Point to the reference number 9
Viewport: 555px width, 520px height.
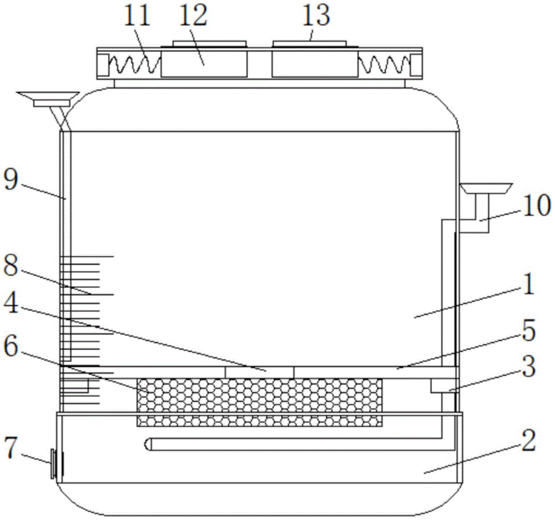pyautogui.click(x=11, y=179)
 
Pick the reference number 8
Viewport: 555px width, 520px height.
pyautogui.click(x=11, y=266)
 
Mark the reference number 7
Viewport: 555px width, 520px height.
pyautogui.click(x=10, y=448)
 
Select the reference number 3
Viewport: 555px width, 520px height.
pyautogui.click(x=529, y=366)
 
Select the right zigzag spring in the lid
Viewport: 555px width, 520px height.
pyautogui.click(x=384, y=64)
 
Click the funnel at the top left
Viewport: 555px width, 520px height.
pyautogui.click(x=48, y=99)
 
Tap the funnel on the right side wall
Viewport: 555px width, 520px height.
pyautogui.click(x=486, y=189)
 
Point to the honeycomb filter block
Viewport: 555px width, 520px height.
pyautogui.click(x=259, y=402)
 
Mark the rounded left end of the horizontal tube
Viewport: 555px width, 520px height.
pyautogui.click(x=147, y=445)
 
